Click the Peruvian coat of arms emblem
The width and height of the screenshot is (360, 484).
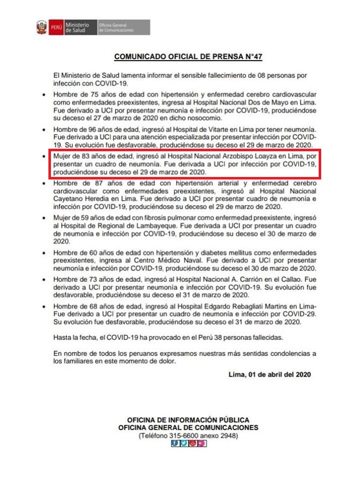pyautogui.click(x=41, y=27)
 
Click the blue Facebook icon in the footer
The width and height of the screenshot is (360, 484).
pyautogui.click(x=175, y=444)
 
